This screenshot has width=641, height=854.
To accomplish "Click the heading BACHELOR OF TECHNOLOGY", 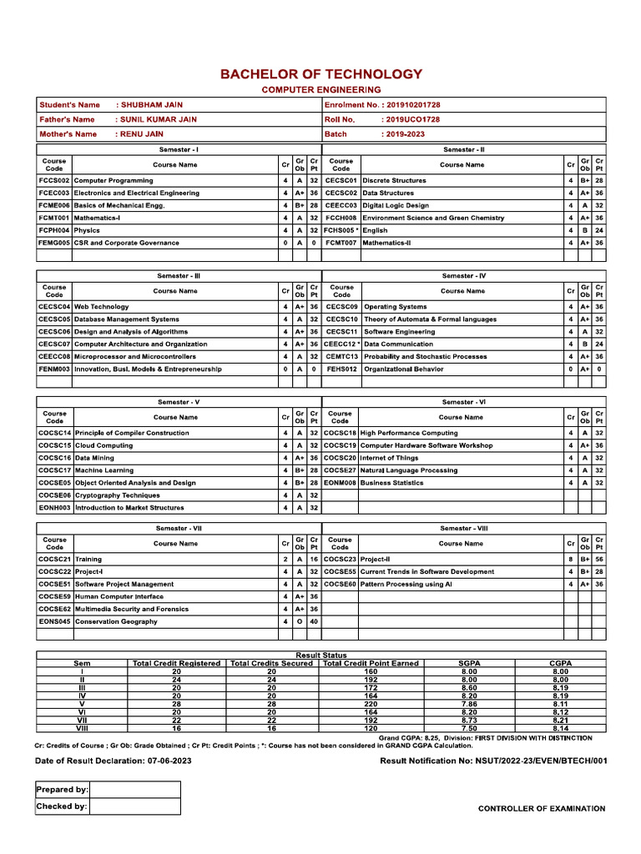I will pos(321,74).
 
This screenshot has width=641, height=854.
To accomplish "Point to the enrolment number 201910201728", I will pos(410,105).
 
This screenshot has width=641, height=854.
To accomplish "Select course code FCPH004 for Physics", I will pos(54,230).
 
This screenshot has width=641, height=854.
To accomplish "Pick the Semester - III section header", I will pos(179,275).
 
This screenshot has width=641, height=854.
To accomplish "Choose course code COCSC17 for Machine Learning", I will pos(55,470).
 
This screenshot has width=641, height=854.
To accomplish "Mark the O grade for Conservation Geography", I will pos(299,621).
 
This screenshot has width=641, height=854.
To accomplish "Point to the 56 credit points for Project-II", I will pos(598,559).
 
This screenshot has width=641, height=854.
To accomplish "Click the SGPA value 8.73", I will pos(469,720).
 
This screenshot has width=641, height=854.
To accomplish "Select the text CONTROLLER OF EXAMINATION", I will pos(542,808).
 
